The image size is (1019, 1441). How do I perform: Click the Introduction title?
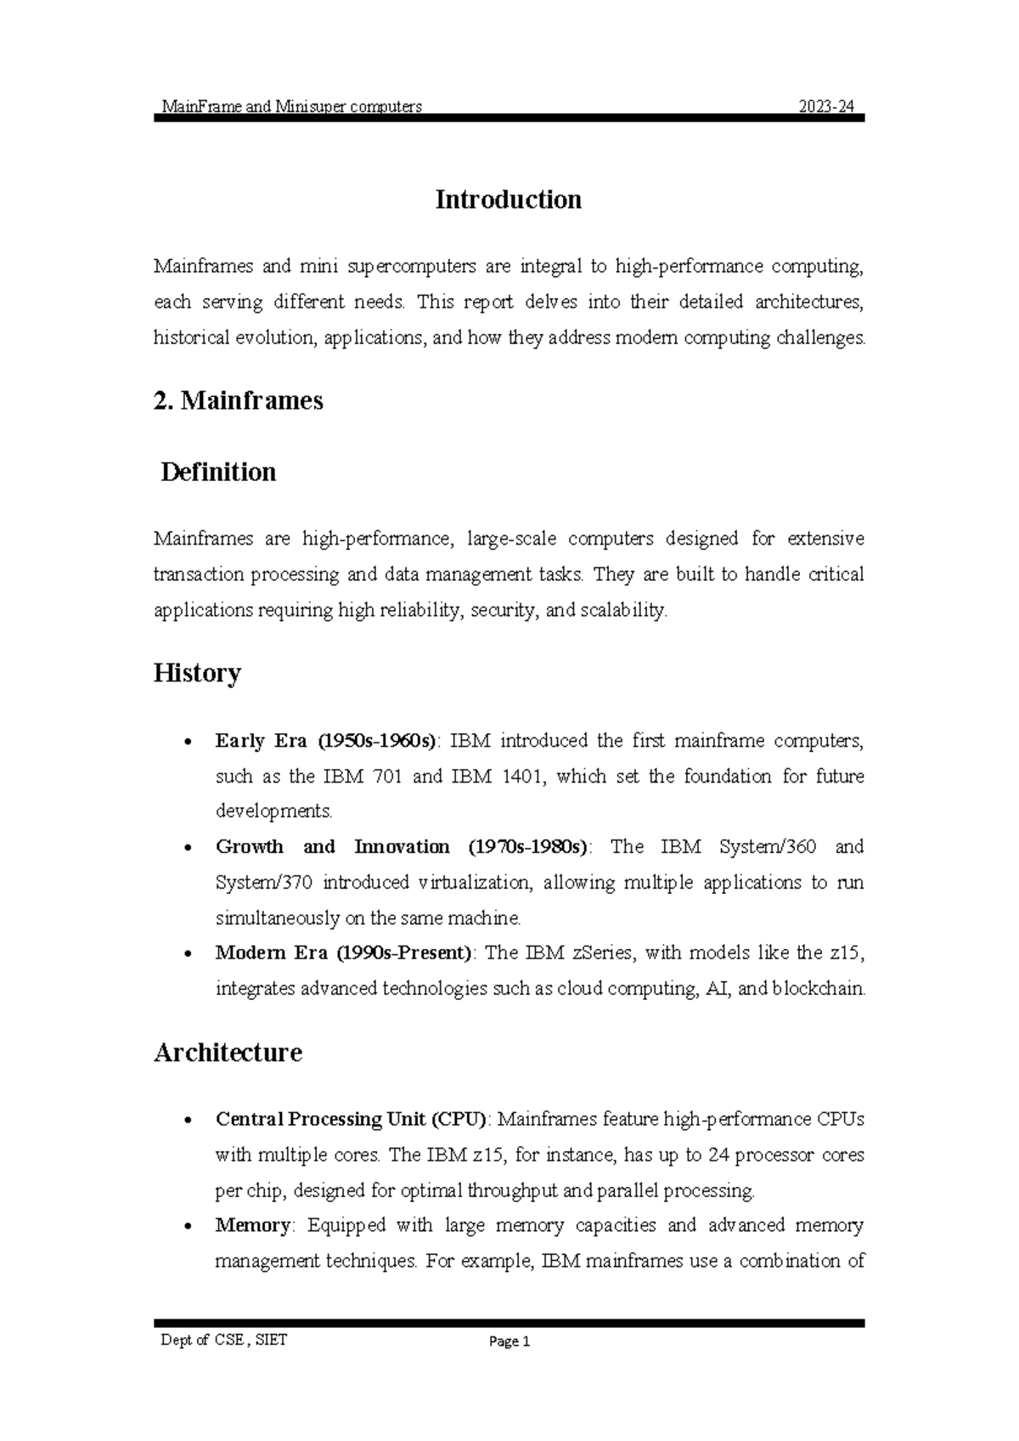(508, 200)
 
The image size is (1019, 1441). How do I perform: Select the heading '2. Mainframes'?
(239, 400)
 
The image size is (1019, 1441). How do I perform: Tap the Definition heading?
(218, 472)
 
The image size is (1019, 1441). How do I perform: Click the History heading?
(197, 673)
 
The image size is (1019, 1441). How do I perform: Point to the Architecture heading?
(228, 1053)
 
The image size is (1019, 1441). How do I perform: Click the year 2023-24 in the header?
(830, 107)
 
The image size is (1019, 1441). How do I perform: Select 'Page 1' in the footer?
(509, 1342)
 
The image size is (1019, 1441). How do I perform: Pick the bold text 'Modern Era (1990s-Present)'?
(343, 952)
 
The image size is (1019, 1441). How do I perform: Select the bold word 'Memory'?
(253, 1225)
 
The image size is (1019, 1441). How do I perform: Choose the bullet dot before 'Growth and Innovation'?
(187, 848)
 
